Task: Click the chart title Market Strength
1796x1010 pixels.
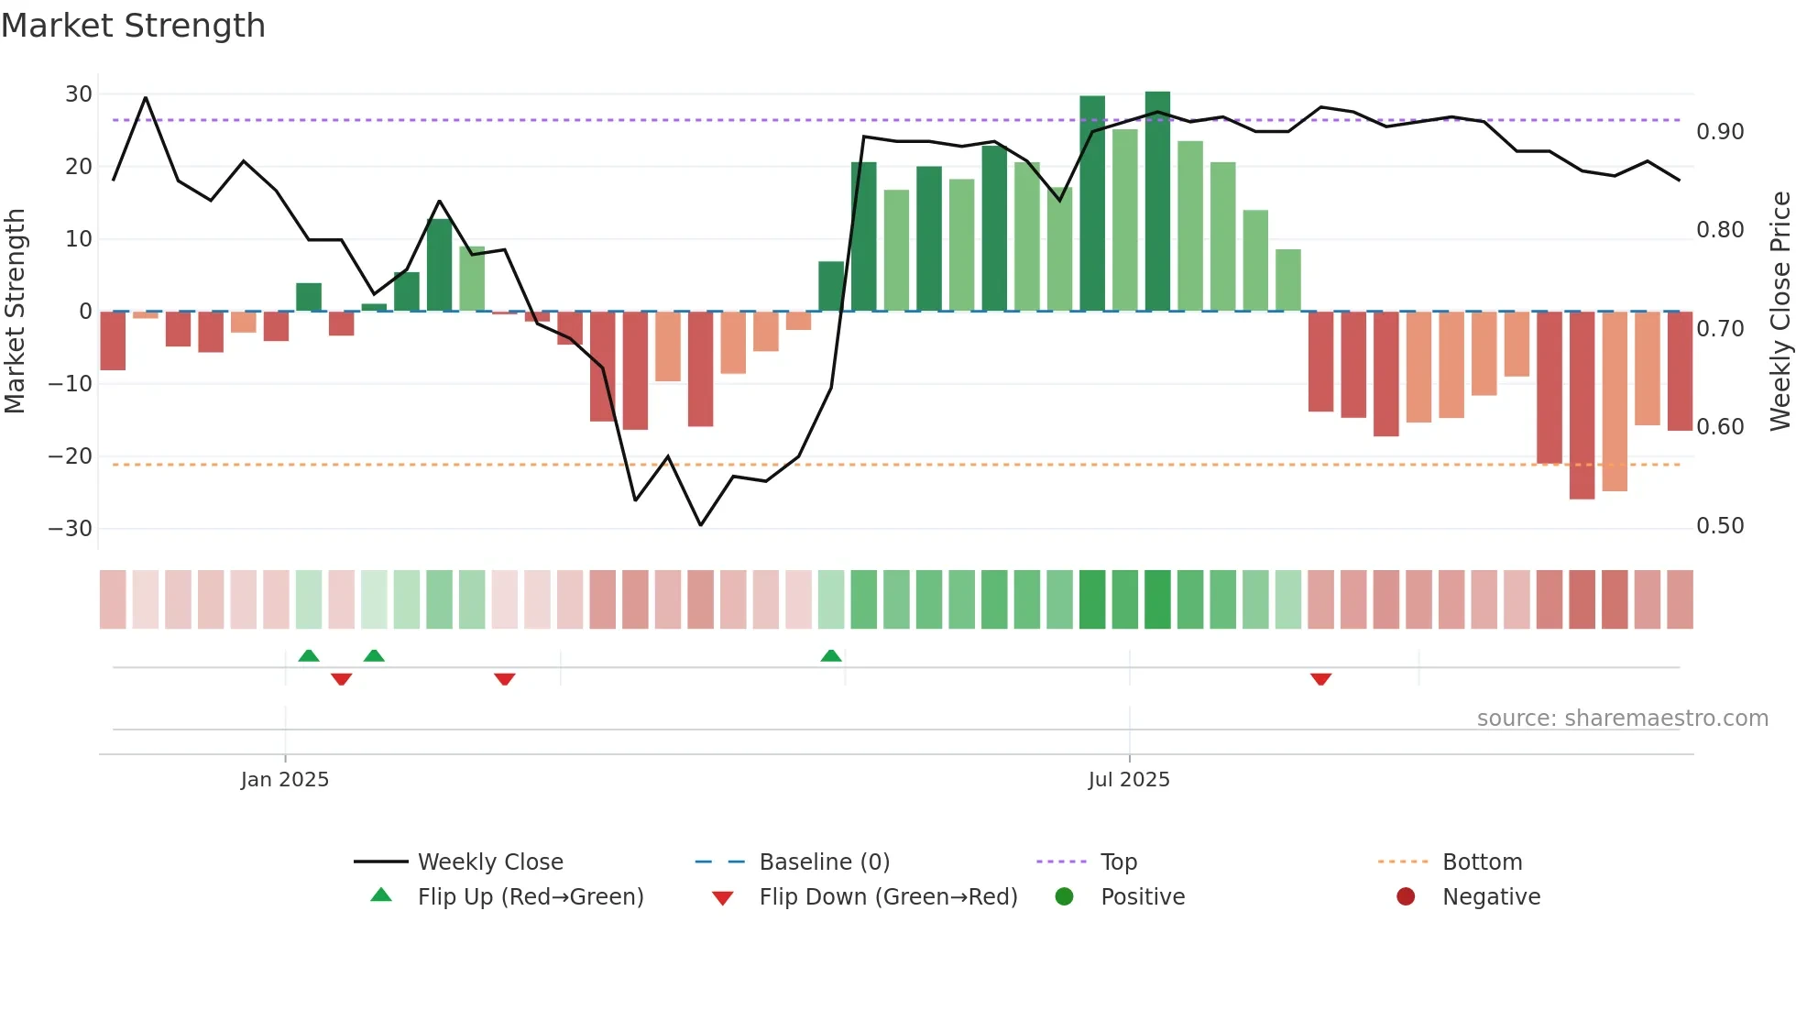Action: click(133, 26)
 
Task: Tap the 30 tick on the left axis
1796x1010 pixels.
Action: click(79, 94)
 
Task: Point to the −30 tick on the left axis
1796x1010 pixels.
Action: click(71, 529)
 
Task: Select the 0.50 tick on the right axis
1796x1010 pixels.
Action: click(1720, 526)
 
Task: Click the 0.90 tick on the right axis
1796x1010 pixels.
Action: click(1720, 132)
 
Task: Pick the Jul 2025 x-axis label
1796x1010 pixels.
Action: click(1129, 780)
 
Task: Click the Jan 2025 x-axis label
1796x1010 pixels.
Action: click(284, 780)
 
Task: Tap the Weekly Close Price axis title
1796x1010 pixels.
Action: click(1780, 312)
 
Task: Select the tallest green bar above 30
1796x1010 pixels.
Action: click(1157, 202)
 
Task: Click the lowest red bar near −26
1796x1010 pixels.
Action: click(1582, 405)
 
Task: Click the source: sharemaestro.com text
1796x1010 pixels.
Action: click(1622, 719)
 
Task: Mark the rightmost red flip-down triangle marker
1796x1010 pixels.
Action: click(1320, 679)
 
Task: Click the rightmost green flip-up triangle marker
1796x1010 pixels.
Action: click(831, 656)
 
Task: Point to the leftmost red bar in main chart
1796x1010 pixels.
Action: click(113, 341)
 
